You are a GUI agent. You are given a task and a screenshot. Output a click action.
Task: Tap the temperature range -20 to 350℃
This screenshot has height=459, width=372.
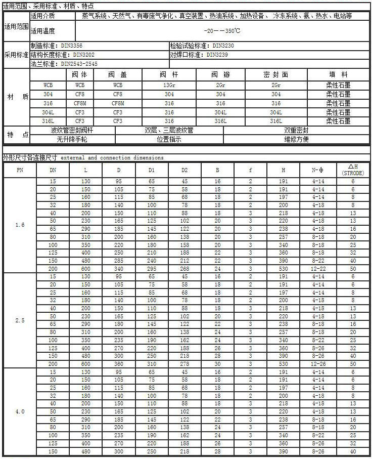click(x=222, y=30)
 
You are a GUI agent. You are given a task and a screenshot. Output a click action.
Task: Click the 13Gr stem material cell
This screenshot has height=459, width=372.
click(x=169, y=85)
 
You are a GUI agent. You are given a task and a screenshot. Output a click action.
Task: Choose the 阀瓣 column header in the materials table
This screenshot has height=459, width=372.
click(x=220, y=75)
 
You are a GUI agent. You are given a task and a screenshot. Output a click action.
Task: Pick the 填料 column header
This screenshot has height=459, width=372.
click(x=338, y=75)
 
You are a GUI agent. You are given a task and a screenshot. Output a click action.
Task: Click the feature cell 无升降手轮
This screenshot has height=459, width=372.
click(x=72, y=139)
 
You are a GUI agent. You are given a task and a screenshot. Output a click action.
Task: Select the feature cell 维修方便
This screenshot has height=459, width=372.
click(x=296, y=139)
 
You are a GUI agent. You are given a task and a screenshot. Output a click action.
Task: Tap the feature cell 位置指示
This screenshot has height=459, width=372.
click(x=169, y=139)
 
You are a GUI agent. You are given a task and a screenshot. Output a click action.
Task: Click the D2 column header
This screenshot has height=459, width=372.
click(x=185, y=171)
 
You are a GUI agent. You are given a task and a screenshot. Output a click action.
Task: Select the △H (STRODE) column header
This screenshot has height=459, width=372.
click(x=353, y=170)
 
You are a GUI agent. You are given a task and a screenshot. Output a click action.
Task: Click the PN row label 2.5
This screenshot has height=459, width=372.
click(x=20, y=320)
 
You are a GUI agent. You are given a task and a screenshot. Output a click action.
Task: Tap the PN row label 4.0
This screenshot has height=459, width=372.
click(x=20, y=412)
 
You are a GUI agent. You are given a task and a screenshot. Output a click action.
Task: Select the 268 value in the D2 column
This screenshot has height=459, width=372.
click(x=185, y=269)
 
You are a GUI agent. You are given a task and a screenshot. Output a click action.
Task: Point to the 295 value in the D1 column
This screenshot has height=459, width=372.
click(x=152, y=269)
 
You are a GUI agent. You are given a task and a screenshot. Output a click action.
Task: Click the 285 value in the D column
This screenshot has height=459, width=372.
click(x=119, y=261)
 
